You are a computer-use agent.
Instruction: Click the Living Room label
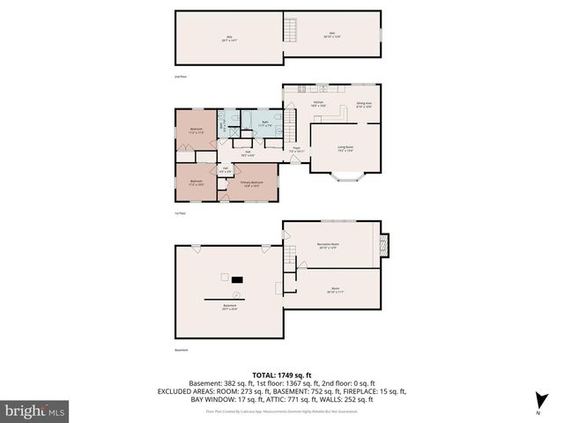pyautogui.click(x=345, y=149)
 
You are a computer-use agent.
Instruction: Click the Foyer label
pyautogui.click(x=297, y=150)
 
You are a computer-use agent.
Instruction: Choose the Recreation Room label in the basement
pyautogui.click(x=329, y=246)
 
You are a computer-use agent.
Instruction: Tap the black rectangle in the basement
pyautogui.click(x=236, y=278)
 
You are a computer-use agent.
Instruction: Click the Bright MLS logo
pyautogui.click(x=35, y=411)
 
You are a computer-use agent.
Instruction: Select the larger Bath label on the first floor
pyautogui.click(x=264, y=124)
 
